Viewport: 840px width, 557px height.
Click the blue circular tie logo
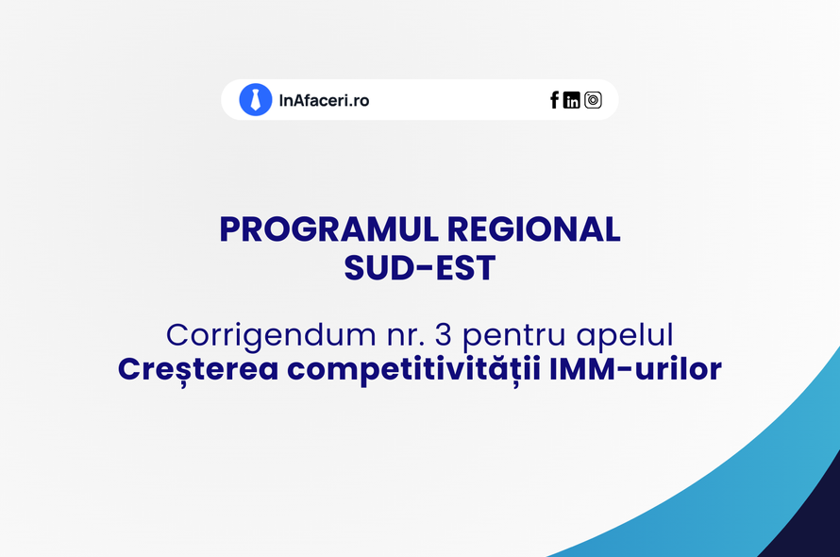coord(256,100)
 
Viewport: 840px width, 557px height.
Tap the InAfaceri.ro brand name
coord(324,100)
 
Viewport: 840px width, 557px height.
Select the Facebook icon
coord(554,100)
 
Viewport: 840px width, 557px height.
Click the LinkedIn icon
coord(572,100)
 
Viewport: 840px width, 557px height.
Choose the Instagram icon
coord(593,100)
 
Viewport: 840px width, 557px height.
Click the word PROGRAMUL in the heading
coord(329,230)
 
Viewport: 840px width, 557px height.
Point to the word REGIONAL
coord(533,230)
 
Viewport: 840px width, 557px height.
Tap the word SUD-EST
coord(419,268)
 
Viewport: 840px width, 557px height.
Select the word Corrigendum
coord(271,336)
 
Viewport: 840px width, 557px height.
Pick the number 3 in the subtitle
coord(443,335)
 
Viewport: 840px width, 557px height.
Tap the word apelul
coord(625,336)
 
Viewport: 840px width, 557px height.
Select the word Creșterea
coord(198,370)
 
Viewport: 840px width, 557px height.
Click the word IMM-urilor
coord(636,369)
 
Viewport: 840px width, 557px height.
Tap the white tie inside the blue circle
coord(256,100)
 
